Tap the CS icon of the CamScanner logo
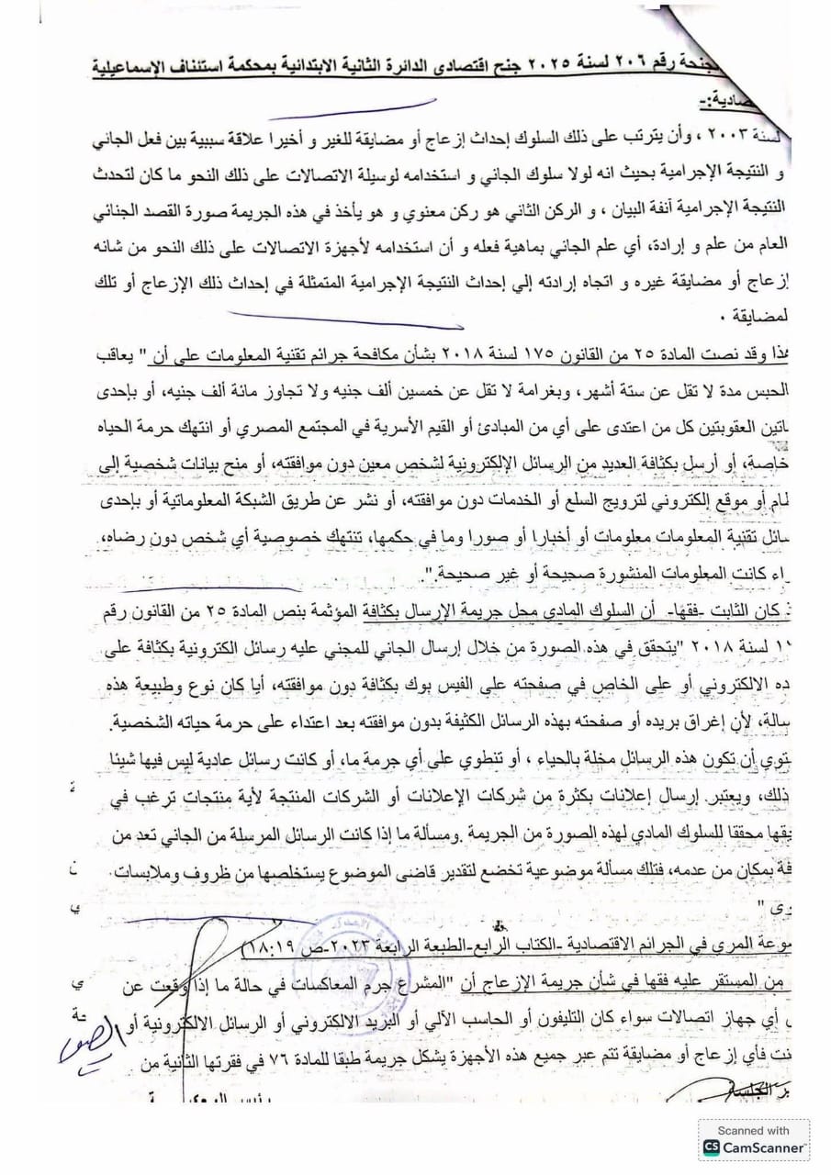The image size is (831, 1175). (x=712, y=1147)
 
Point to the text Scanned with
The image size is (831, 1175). (x=754, y=1131)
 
